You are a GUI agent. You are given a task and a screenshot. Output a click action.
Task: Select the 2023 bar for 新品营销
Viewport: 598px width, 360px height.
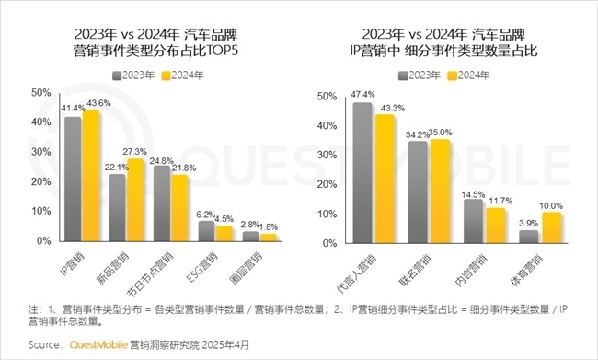point(118,208)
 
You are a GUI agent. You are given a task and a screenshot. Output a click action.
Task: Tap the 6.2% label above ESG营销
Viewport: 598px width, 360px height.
point(206,213)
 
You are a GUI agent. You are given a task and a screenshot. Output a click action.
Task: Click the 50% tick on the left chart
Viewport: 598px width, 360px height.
point(40,93)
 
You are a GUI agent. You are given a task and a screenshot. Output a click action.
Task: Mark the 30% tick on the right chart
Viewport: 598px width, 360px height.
point(326,154)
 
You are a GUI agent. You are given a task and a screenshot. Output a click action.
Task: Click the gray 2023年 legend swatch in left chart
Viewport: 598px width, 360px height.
point(118,74)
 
